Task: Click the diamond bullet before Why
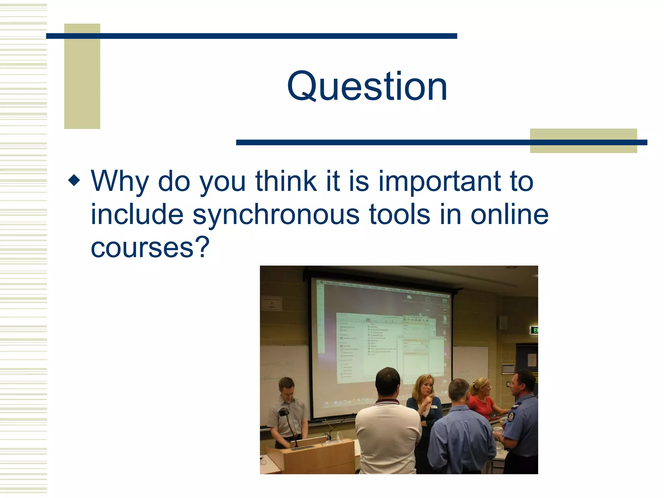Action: (x=74, y=180)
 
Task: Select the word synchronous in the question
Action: (x=276, y=215)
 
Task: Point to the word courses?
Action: (x=150, y=248)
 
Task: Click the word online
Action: (x=509, y=215)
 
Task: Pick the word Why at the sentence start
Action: (x=120, y=182)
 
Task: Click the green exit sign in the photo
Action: (x=534, y=330)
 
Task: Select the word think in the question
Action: (x=286, y=182)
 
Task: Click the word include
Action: (x=137, y=215)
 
